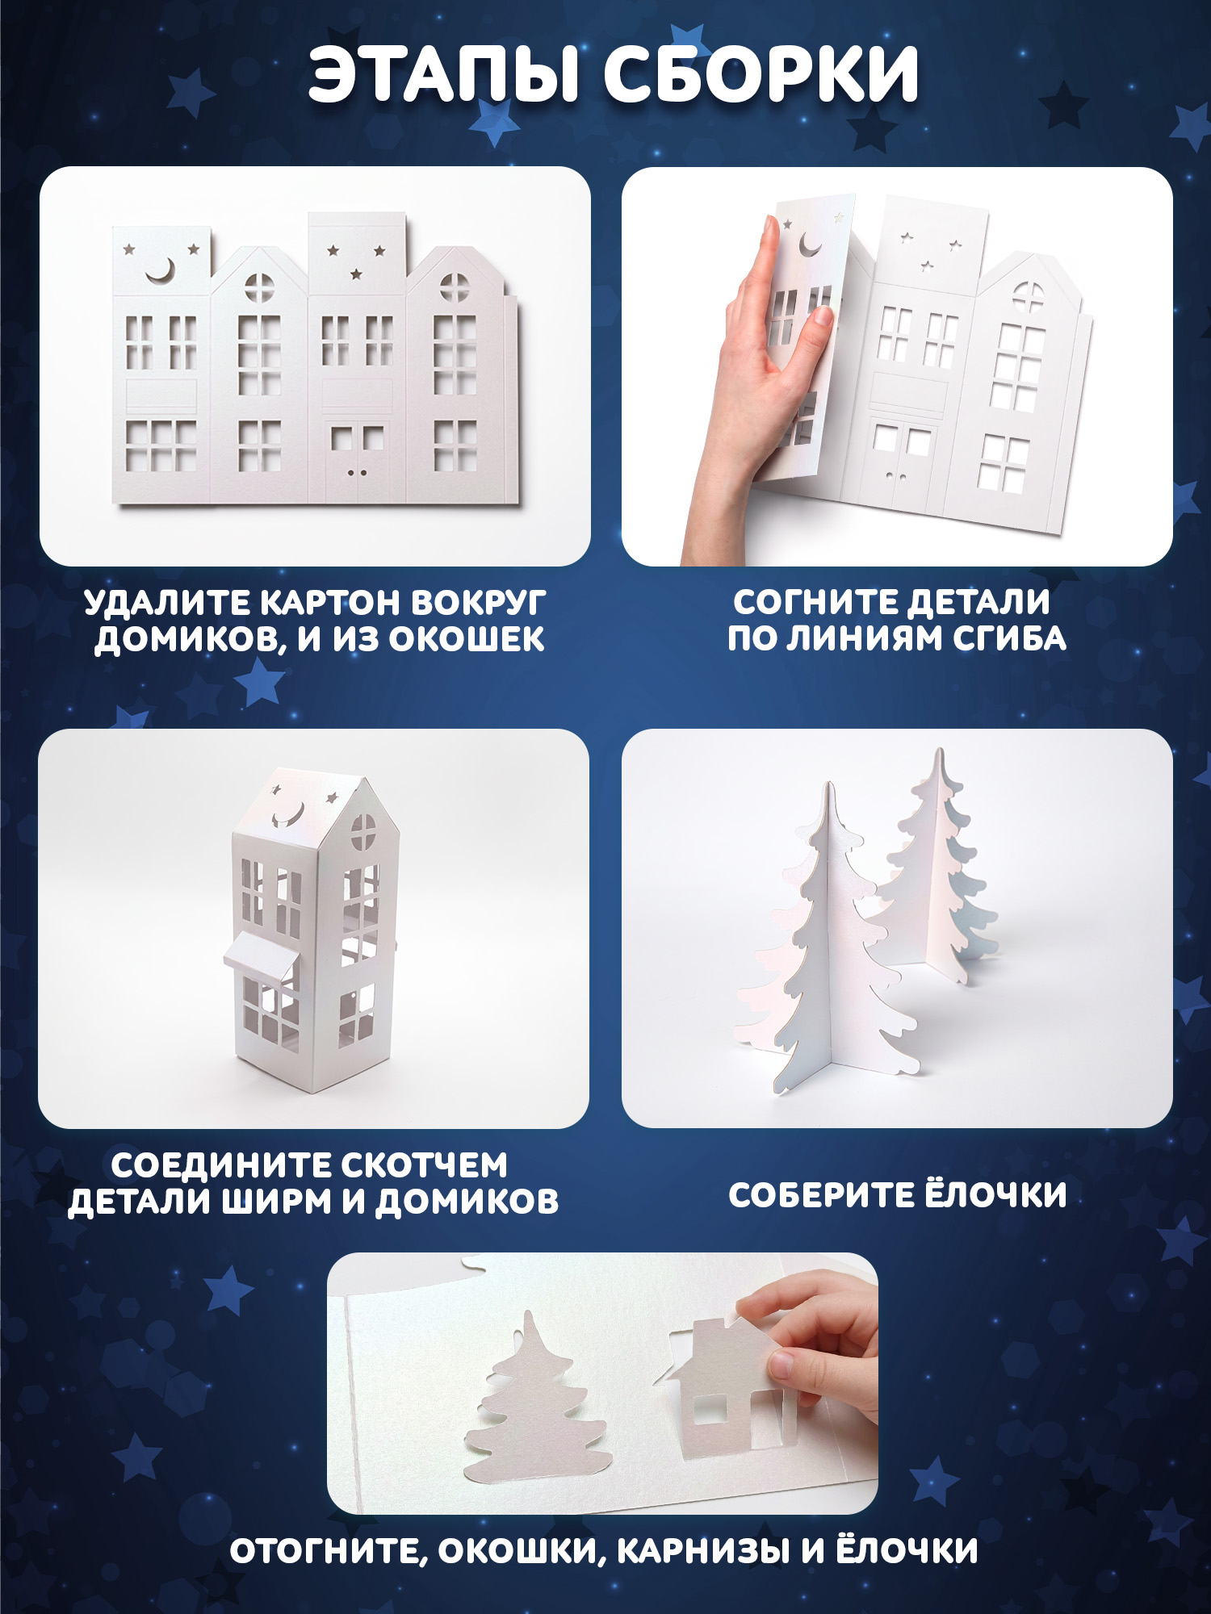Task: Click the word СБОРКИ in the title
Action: (x=762, y=74)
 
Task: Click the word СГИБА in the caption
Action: (x=1009, y=638)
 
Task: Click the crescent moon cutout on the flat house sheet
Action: (x=161, y=272)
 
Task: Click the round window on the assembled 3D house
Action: (x=362, y=832)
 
